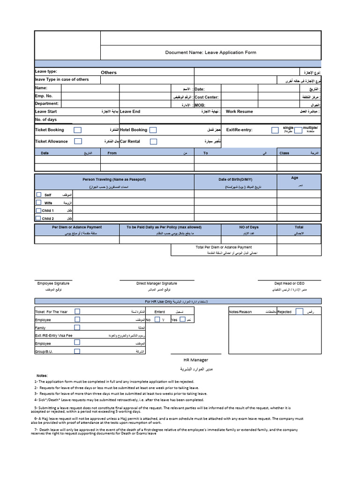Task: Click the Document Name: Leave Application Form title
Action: pyautogui.click(x=210, y=52)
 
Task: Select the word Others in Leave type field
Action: pyautogui.click(x=109, y=73)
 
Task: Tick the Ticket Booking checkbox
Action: pyautogui.click(x=78, y=130)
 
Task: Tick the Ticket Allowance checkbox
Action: pyautogui.click(x=78, y=141)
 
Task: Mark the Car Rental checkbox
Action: pyautogui.click(x=153, y=141)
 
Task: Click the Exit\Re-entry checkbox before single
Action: pyautogui.click(x=275, y=130)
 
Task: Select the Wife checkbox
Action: pyautogui.click(x=38, y=202)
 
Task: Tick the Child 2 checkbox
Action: pyautogui.click(x=38, y=218)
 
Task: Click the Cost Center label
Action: pyautogui.click(x=207, y=97)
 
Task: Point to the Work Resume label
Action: pyautogui.click(x=239, y=112)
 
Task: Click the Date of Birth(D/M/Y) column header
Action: pyautogui.click(x=235, y=180)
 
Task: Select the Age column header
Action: pyautogui.click(x=294, y=178)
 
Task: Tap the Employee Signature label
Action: pyautogui.click(x=53, y=284)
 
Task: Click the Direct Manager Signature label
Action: pyautogui.click(x=157, y=284)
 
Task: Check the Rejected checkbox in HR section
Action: pyautogui.click(x=300, y=312)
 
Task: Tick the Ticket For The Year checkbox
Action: pyautogui.click(x=77, y=311)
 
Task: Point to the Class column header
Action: pyautogui.click(x=284, y=153)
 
